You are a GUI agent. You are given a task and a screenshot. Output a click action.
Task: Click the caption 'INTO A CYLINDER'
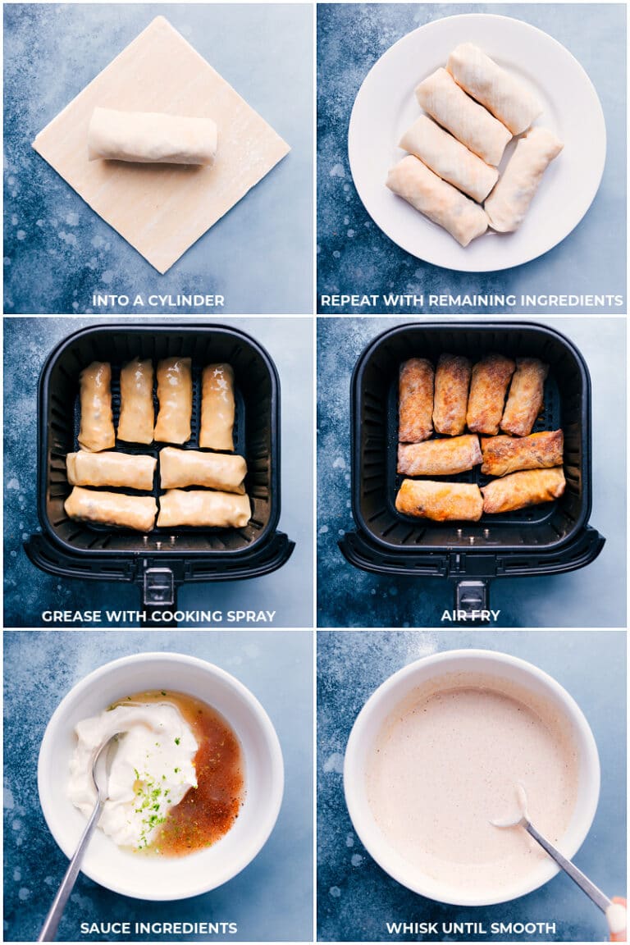(157, 301)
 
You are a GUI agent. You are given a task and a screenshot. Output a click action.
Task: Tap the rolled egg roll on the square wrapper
(153, 135)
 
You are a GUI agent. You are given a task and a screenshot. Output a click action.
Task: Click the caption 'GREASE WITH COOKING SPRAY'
(158, 616)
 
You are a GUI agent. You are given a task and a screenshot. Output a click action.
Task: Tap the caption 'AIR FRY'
(470, 616)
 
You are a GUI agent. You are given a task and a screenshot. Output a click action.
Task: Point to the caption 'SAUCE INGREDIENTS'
(158, 929)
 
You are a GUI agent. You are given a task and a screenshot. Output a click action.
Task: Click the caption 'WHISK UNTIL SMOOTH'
(471, 929)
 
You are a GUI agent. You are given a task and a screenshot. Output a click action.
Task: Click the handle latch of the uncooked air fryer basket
(158, 586)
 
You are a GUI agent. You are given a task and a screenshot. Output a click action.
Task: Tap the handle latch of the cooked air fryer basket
(472, 596)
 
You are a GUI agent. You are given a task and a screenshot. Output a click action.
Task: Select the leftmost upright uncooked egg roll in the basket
(97, 407)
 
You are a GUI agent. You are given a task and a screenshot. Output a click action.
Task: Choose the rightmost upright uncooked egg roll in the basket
(217, 407)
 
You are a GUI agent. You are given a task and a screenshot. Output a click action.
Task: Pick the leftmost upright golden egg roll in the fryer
(416, 399)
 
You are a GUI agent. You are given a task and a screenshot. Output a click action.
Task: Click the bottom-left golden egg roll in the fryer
(439, 500)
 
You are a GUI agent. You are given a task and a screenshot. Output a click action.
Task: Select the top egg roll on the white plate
(495, 87)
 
